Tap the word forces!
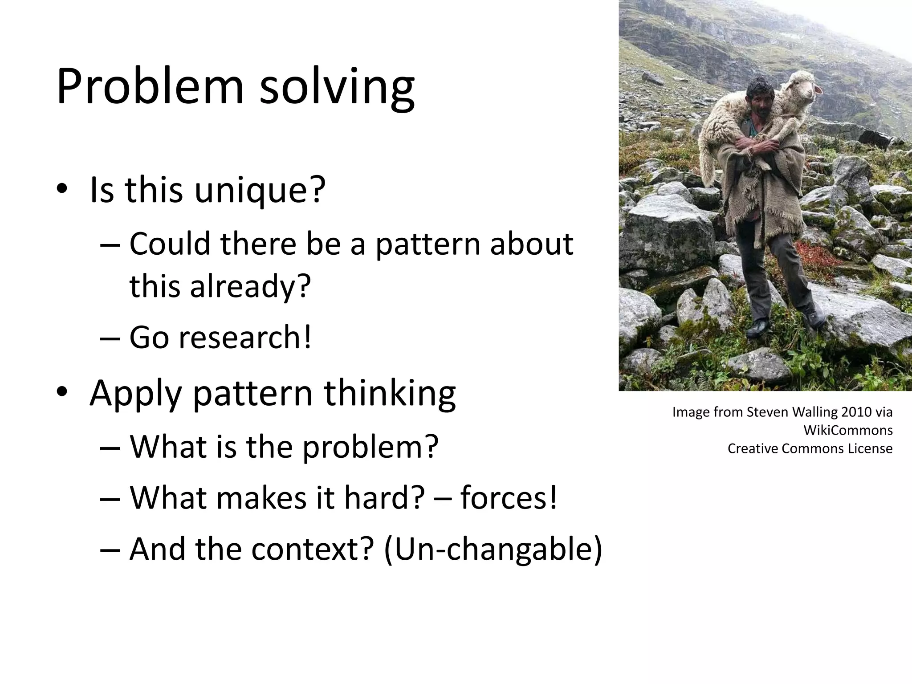[x=508, y=497]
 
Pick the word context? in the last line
[x=312, y=549]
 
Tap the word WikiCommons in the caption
[x=848, y=430]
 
